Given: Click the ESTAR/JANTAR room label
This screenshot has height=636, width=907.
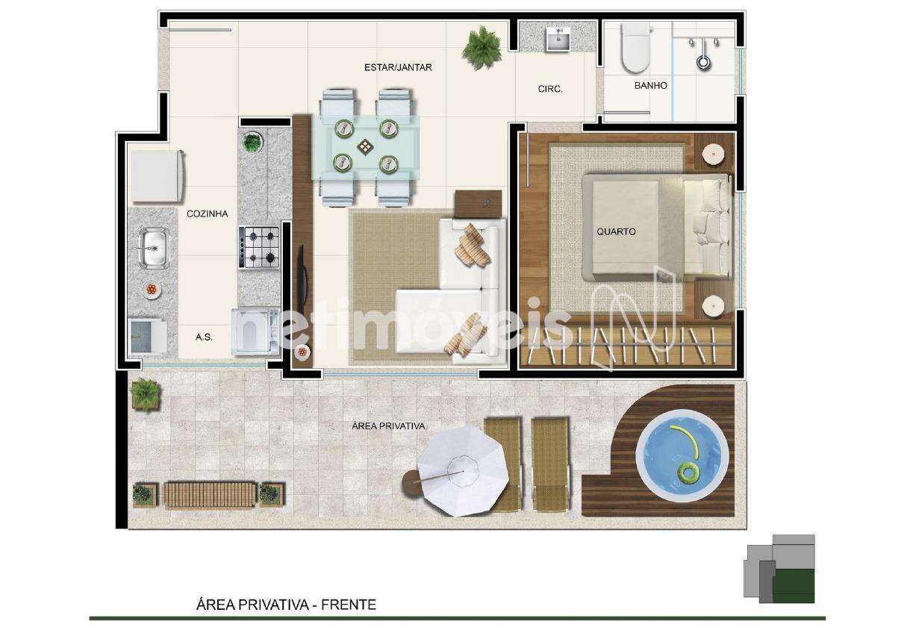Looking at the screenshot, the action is [x=398, y=67].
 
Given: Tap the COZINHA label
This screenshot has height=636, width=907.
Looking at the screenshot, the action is [x=207, y=213].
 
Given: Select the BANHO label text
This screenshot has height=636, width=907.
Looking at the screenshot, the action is [x=651, y=85].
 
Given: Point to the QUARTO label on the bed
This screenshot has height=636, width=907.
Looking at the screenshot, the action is [x=616, y=231].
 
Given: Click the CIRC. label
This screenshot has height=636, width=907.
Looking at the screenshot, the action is [x=550, y=89].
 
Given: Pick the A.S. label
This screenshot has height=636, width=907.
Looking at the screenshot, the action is [x=204, y=337].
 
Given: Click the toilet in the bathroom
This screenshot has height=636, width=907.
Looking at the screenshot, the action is [x=636, y=47].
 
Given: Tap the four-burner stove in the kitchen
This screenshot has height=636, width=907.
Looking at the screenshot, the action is [x=259, y=247].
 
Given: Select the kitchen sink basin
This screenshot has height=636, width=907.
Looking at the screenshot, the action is [x=154, y=248].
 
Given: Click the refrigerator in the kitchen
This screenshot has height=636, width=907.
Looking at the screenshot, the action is [x=157, y=176].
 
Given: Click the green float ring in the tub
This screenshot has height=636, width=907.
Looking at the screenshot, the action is [x=687, y=473].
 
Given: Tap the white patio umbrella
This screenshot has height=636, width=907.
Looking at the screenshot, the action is [x=463, y=471].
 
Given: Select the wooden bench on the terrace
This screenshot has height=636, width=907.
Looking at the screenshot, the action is [x=210, y=494].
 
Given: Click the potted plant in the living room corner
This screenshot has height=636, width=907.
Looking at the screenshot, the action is [x=481, y=48].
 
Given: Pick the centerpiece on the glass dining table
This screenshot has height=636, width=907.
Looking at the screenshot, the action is [x=366, y=146].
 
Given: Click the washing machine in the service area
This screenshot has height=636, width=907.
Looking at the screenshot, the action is [x=256, y=333].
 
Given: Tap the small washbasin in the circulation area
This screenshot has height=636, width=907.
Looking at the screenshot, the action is [x=558, y=39].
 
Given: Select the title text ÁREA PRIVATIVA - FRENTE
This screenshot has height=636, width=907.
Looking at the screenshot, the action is [x=286, y=605].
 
